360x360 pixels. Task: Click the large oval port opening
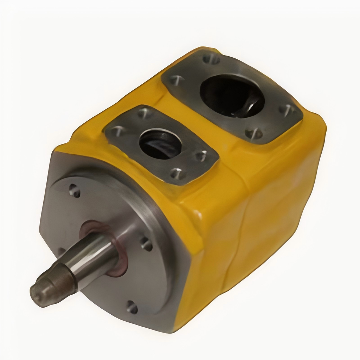point(232,96)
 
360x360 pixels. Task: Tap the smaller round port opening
point(160,144)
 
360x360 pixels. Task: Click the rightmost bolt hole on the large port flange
point(287,110)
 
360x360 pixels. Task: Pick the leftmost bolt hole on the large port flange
point(177,80)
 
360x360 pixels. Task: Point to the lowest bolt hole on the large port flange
point(253,133)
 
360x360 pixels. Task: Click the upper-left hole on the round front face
point(75,191)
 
